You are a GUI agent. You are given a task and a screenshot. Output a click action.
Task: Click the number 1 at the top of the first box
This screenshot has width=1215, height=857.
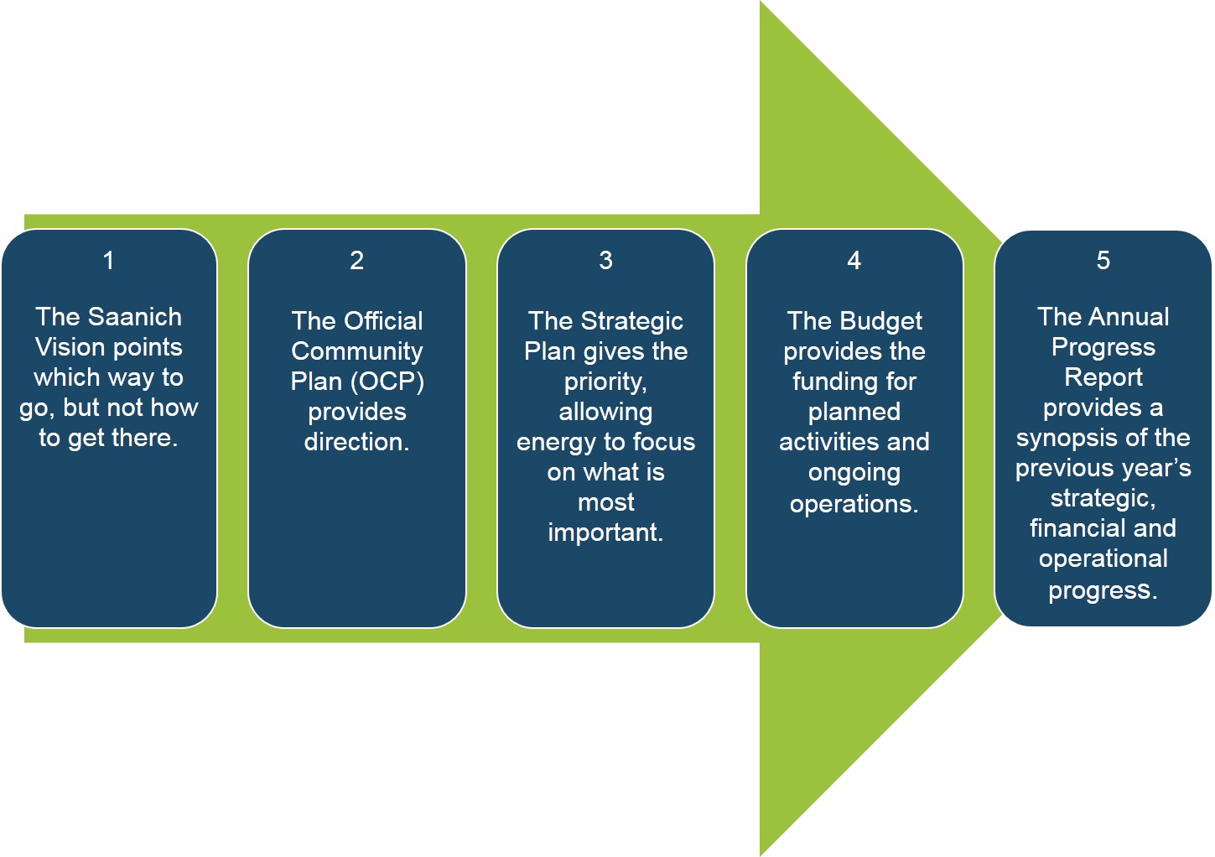(x=108, y=260)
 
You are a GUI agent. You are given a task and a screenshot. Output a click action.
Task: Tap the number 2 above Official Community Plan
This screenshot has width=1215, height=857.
(x=356, y=260)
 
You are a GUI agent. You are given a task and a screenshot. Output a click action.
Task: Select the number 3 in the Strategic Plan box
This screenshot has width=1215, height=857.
(x=606, y=260)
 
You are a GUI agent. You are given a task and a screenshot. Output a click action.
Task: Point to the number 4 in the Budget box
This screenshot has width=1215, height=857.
(x=854, y=260)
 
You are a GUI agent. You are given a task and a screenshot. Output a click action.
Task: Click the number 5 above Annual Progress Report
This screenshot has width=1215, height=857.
(x=1103, y=260)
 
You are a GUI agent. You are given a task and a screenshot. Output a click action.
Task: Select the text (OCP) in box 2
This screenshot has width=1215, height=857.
(x=387, y=382)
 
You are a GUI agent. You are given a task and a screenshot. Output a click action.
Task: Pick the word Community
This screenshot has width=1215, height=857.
(x=357, y=351)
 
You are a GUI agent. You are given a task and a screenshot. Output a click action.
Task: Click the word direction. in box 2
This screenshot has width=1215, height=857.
(x=357, y=442)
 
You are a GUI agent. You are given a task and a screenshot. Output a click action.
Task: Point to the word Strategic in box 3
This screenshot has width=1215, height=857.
(x=632, y=322)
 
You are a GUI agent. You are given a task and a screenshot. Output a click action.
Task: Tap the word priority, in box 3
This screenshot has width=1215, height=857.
(x=606, y=382)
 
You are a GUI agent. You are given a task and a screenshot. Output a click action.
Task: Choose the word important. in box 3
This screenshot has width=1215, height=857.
(x=606, y=532)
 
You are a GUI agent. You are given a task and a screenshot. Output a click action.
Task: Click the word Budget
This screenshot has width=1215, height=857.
(x=880, y=322)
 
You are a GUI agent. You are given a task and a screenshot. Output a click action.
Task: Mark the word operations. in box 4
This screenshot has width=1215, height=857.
(x=854, y=505)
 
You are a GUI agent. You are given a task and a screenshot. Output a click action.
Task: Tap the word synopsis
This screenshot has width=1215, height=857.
(x=1064, y=439)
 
